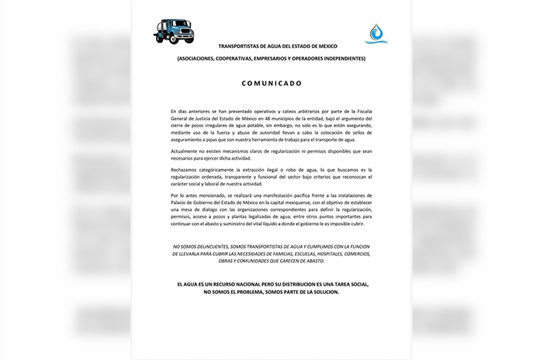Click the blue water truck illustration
[x=175, y=31]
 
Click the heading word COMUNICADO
[x=271, y=82]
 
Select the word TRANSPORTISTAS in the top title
[x=243, y=47]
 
